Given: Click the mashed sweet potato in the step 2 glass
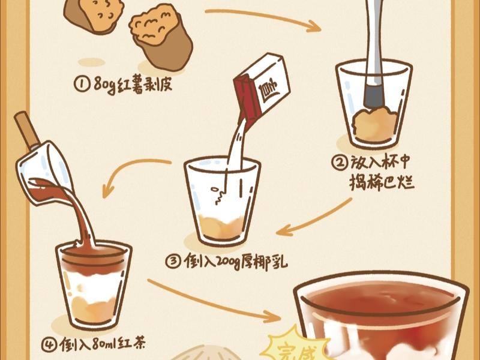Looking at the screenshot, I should coord(375,125).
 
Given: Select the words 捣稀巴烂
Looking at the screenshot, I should coord(381,182).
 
